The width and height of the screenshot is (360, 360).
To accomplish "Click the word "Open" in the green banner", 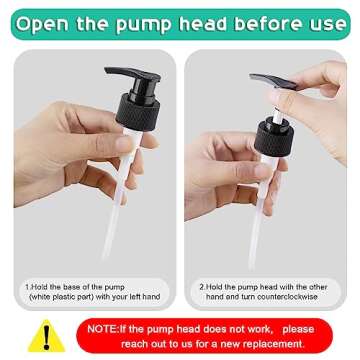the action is (x=42, y=24).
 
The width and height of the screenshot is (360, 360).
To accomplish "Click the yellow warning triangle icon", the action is (x=46, y=336).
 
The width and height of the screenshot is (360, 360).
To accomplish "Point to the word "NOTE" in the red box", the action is (x=102, y=329).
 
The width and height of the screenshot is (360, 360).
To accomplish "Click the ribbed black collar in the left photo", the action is (x=138, y=112).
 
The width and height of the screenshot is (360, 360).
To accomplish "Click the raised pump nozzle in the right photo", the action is (x=273, y=81).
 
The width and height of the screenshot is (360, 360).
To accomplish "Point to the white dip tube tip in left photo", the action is (x=106, y=256).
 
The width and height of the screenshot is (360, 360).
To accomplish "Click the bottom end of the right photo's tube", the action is (x=252, y=266).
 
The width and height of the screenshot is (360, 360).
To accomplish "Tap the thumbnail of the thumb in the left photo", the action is (x=124, y=144).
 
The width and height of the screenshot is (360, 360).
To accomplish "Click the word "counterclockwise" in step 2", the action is (x=286, y=297).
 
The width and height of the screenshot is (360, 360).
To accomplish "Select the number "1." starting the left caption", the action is (x=28, y=287).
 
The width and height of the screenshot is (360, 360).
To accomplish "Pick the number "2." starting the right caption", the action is (x=203, y=287).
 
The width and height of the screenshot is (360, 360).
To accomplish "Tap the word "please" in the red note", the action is (x=298, y=329).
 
